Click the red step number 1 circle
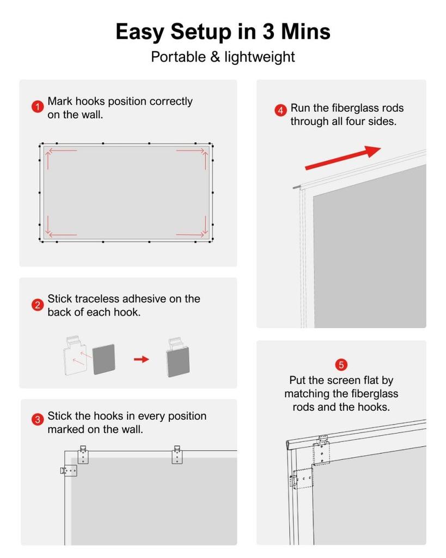coord(37,107)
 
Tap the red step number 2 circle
coord(37,305)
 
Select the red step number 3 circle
coord(37,420)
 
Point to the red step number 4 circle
coord(280,111)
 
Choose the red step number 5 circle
coord(341,365)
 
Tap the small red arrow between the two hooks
coord(142,359)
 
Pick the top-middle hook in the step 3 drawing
coord(177,454)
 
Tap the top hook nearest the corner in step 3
coord(83,454)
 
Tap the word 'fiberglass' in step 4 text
coord(347,108)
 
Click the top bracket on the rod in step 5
coord(322,450)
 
